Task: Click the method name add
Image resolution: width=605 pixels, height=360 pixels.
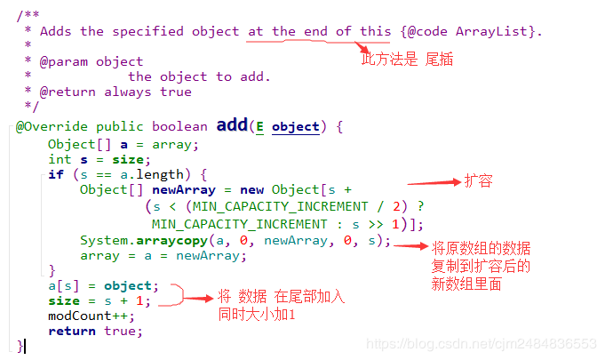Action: pyautogui.click(x=231, y=125)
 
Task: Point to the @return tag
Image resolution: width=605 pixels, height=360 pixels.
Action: pyautogui.click(x=68, y=92)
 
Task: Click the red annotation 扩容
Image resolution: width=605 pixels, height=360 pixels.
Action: pyautogui.click(x=478, y=180)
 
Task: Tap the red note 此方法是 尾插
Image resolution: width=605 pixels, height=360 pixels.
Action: pyautogui.click(x=407, y=60)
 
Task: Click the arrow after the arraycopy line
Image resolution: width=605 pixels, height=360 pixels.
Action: pyautogui.click(x=410, y=246)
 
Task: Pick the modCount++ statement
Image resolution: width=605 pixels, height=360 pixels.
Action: pyautogui.click(x=87, y=316)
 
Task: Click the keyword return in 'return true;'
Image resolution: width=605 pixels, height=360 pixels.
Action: pyautogui.click(x=72, y=331)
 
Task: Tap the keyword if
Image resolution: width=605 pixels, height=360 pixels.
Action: pyautogui.click(x=55, y=174)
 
